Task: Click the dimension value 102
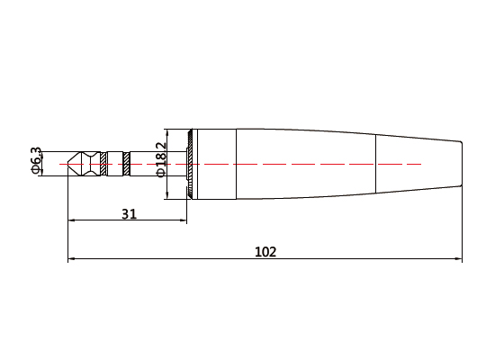(265, 252)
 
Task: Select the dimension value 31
(129, 213)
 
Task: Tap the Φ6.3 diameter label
(37, 160)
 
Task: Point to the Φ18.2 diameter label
(162, 158)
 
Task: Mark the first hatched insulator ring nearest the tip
(104, 164)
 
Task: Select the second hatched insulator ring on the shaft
(127, 164)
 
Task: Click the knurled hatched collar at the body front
(191, 164)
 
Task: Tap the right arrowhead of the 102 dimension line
(459, 261)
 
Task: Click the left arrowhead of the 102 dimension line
(71, 261)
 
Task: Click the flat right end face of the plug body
(463, 164)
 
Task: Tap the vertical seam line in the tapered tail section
(376, 164)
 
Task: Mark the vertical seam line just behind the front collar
(236, 164)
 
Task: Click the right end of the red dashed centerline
(421, 165)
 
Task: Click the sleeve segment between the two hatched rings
(115, 164)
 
